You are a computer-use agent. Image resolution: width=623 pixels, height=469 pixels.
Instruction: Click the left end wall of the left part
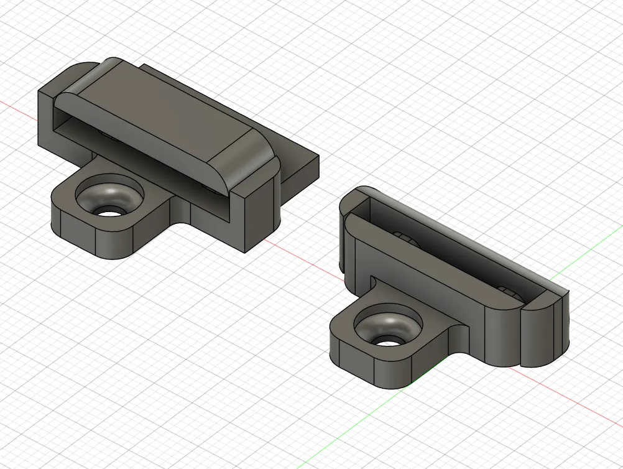(x=47, y=121)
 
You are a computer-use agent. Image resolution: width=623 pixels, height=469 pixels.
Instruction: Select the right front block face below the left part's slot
(x=255, y=218)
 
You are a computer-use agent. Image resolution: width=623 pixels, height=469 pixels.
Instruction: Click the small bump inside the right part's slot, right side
(x=507, y=290)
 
